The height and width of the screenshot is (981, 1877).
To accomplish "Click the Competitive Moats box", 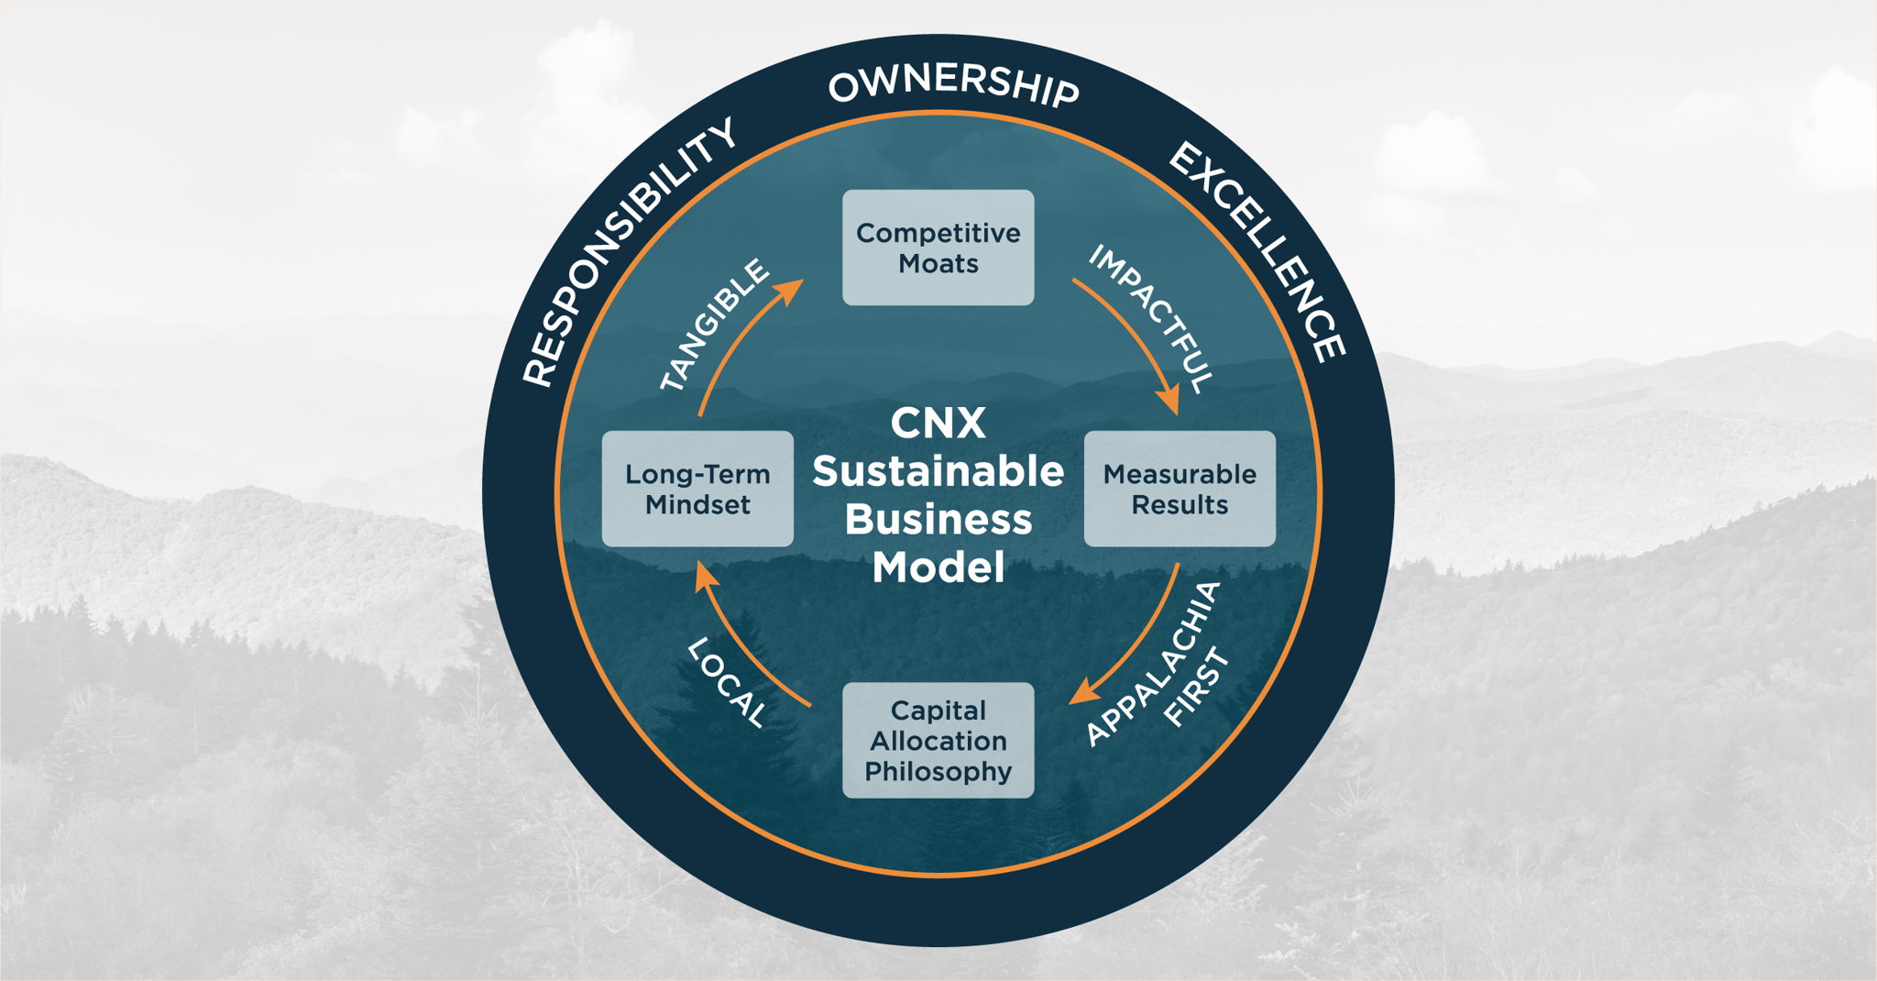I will (x=938, y=248).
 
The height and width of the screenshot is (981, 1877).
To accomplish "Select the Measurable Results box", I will (x=1180, y=489).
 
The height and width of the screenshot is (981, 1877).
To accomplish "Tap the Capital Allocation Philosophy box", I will (x=938, y=740).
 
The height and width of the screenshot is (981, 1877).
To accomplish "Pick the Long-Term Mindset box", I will (x=697, y=489).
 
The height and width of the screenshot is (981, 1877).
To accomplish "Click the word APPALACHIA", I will (x=1152, y=665).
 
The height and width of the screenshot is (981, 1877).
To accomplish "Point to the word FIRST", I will (x=1196, y=688).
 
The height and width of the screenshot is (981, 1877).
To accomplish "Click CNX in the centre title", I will (x=938, y=424).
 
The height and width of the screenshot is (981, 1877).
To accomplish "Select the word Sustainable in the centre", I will (x=938, y=471).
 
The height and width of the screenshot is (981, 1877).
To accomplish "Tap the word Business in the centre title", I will (x=938, y=519).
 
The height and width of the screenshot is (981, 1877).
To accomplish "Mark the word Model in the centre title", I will (x=938, y=567).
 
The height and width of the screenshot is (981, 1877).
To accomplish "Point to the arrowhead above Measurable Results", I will (x=1168, y=401).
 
